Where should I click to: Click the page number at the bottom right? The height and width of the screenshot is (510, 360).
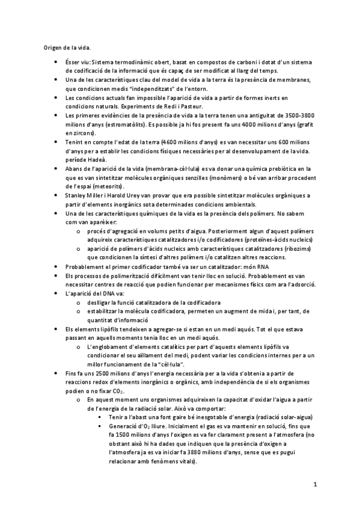pyautogui.click(x=315, y=484)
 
